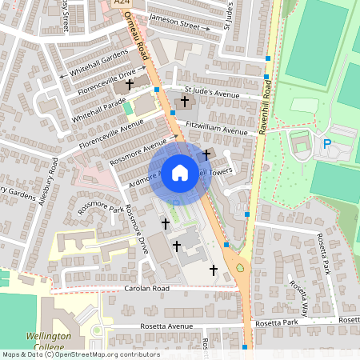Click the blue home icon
pos(180,172)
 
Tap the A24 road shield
pos(122,4)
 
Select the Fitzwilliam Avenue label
pos(218,128)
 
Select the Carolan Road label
pos(148,288)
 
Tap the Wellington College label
pos(49,342)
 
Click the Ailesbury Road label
pos(53,178)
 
